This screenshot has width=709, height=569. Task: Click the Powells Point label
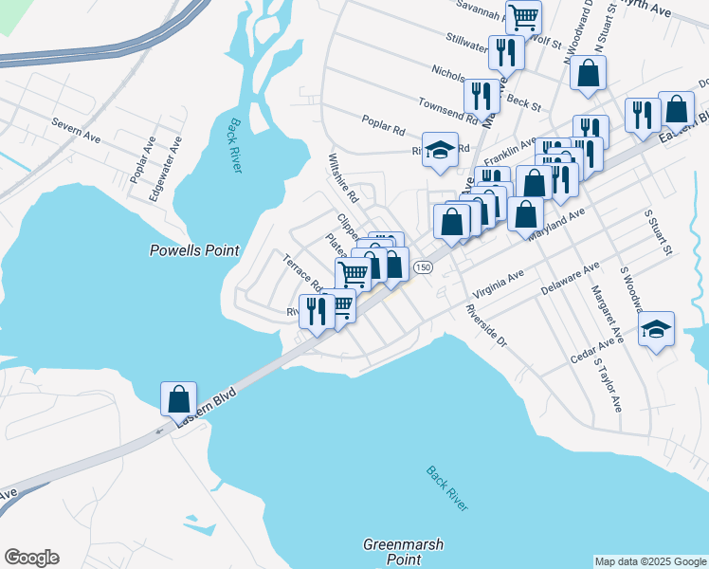pyautogui.click(x=194, y=250)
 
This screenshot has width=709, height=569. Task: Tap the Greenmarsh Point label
pyautogui.click(x=404, y=552)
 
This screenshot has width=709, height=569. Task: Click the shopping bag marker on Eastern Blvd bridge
pyautogui.click(x=178, y=399)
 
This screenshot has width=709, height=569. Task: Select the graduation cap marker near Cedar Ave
pyautogui.click(x=656, y=329)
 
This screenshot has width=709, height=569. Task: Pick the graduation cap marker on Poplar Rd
pyautogui.click(x=440, y=149)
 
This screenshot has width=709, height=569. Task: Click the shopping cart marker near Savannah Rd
pyautogui.click(x=523, y=15)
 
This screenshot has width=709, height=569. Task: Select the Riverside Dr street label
pyautogui.click(x=485, y=326)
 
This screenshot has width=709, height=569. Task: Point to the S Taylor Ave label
pyautogui.click(x=608, y=384)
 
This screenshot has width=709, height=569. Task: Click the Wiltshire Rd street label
pyautogui.click(x=342, y=179)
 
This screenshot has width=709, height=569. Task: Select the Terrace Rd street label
pyautogui.click(x=303, y=272)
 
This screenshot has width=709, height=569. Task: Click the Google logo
pyautogui.click(x=31, y=558)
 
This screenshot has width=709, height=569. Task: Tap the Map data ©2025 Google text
pyautogui.click(x=650, y=561)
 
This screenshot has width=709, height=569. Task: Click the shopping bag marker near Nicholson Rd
pyautogui.click(x=589, y=74)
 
